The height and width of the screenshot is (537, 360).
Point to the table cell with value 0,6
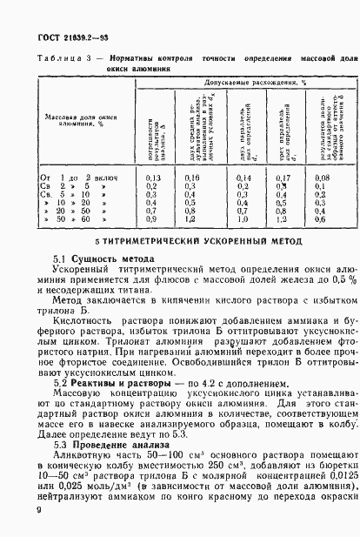(x=320, y=219)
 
